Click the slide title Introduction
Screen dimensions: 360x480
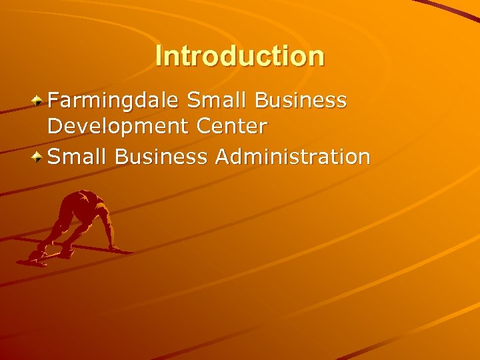[239, 56]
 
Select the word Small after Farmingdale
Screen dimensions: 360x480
[212, 101]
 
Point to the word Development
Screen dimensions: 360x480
[117, 125]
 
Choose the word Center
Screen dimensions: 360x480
[231, 125]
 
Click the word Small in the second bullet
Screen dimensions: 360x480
[78, 157]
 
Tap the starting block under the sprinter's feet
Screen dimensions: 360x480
[37, 259]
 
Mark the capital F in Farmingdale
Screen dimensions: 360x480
[54, 101]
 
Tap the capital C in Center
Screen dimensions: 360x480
[202, 125]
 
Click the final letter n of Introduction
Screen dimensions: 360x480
[317, 57]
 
